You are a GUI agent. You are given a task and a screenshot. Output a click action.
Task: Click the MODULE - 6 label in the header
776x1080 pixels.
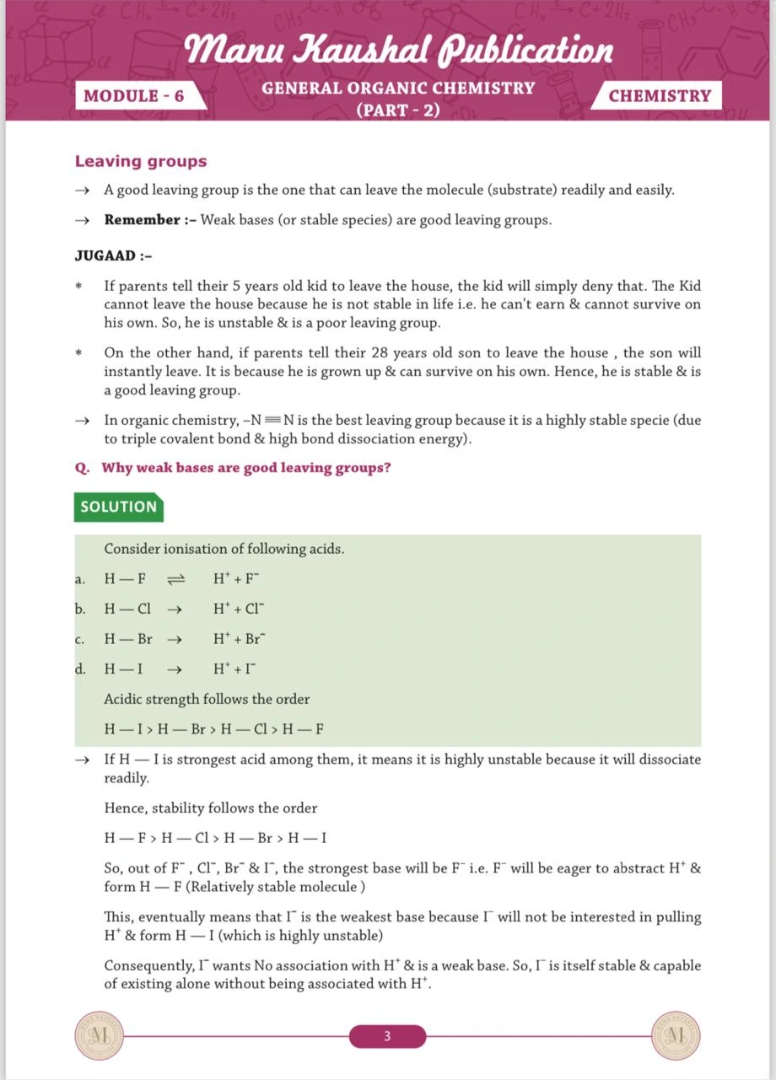(x=134, y=95)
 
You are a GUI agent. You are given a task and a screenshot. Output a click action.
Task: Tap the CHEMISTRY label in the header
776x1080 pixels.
(x=660, y=95)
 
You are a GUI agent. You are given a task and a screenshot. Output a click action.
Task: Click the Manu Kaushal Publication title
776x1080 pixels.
(x=399, y=50)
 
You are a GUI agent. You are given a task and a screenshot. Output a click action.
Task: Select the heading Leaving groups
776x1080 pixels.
(x=141, y=161)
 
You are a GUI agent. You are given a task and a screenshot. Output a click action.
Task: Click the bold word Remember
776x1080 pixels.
(x=142, y=220)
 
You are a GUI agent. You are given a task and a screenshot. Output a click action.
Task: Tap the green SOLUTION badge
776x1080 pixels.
(x=119, y=507)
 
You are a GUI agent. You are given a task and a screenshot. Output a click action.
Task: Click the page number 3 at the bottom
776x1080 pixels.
(x=387, y=1036)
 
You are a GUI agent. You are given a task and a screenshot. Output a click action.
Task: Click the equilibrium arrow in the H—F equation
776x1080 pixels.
(x=175, y=579)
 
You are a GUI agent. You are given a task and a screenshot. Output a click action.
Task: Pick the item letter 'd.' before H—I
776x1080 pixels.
(x=80, y=669)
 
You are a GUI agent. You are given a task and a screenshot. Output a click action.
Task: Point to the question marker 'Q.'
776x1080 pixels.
(x=83, y=468)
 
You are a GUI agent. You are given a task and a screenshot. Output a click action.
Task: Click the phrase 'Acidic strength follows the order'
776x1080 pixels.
(x=207, y=699)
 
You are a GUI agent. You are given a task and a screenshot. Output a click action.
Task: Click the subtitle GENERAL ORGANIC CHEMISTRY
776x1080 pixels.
(x=398, y=88)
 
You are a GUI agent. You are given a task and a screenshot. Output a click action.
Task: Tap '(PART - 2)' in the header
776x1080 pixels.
(x=398, y=110)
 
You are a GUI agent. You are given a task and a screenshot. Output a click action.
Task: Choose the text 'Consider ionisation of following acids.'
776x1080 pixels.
(x=224, y=549)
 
